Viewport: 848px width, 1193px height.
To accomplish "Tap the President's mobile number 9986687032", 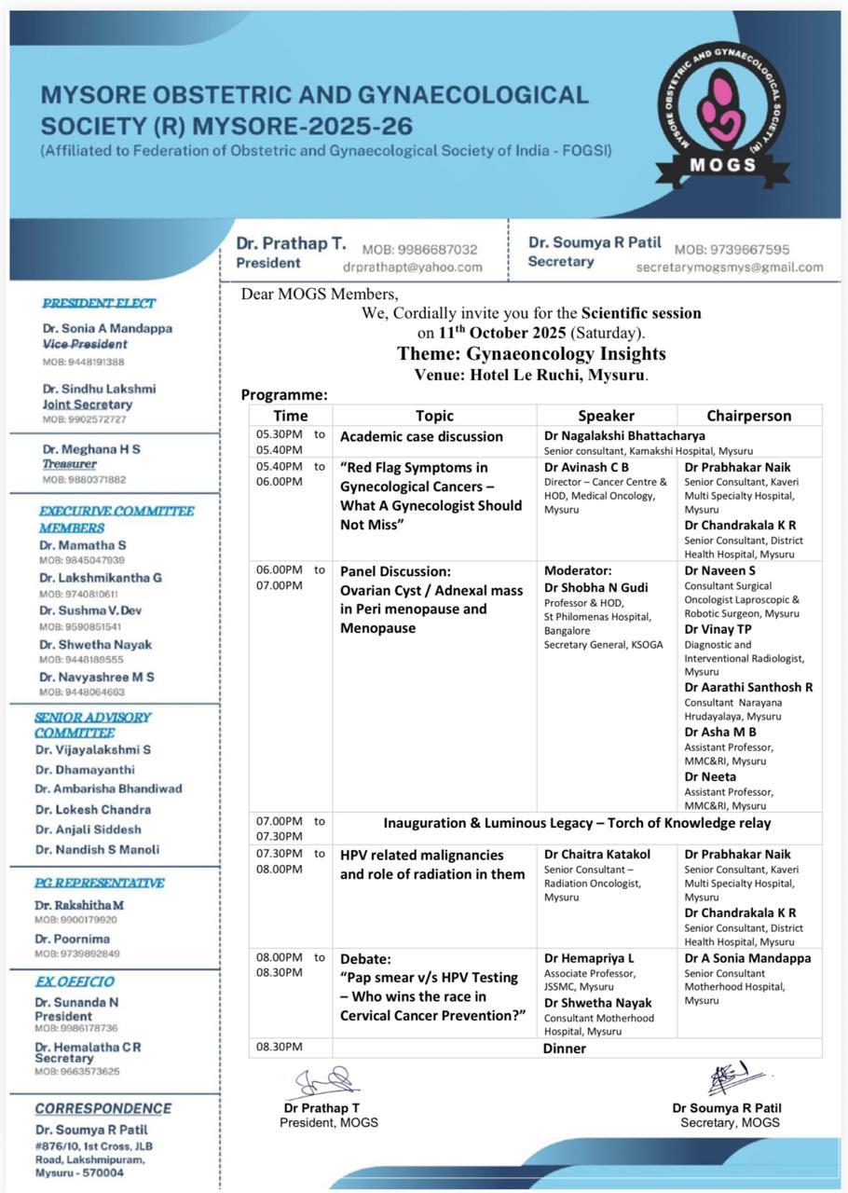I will tap(419, 250).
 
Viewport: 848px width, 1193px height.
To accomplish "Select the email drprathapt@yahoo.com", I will tap(412, 267).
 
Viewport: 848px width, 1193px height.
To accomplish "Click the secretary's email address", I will tap(730, 267).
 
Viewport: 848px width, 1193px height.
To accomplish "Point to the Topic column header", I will tap(434, 416).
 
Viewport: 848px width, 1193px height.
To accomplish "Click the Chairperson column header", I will tap(748, 416).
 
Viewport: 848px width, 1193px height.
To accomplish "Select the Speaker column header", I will tap(606, 416).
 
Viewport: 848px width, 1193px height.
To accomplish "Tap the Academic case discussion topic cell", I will tap(421, 436).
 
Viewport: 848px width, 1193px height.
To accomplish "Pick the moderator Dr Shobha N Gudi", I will tap(595, 587).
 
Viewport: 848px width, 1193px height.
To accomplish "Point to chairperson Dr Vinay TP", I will tap(718, 629).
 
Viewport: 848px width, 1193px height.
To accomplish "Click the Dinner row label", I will tap(565, 1049).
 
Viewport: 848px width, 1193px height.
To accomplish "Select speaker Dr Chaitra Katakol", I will tap(597, 855).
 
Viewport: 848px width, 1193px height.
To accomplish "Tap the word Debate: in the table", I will tap(365, 958).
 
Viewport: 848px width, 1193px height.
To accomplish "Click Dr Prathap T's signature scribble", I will tap(324, 1084).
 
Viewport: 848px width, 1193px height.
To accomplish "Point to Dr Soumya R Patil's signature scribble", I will tap(735, 1079).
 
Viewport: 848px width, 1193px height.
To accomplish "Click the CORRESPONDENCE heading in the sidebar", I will tap(103, 1108).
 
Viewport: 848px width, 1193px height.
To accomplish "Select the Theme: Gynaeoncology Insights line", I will tap(531, 354).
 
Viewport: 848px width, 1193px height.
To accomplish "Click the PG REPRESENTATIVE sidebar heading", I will tap(100, 883).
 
